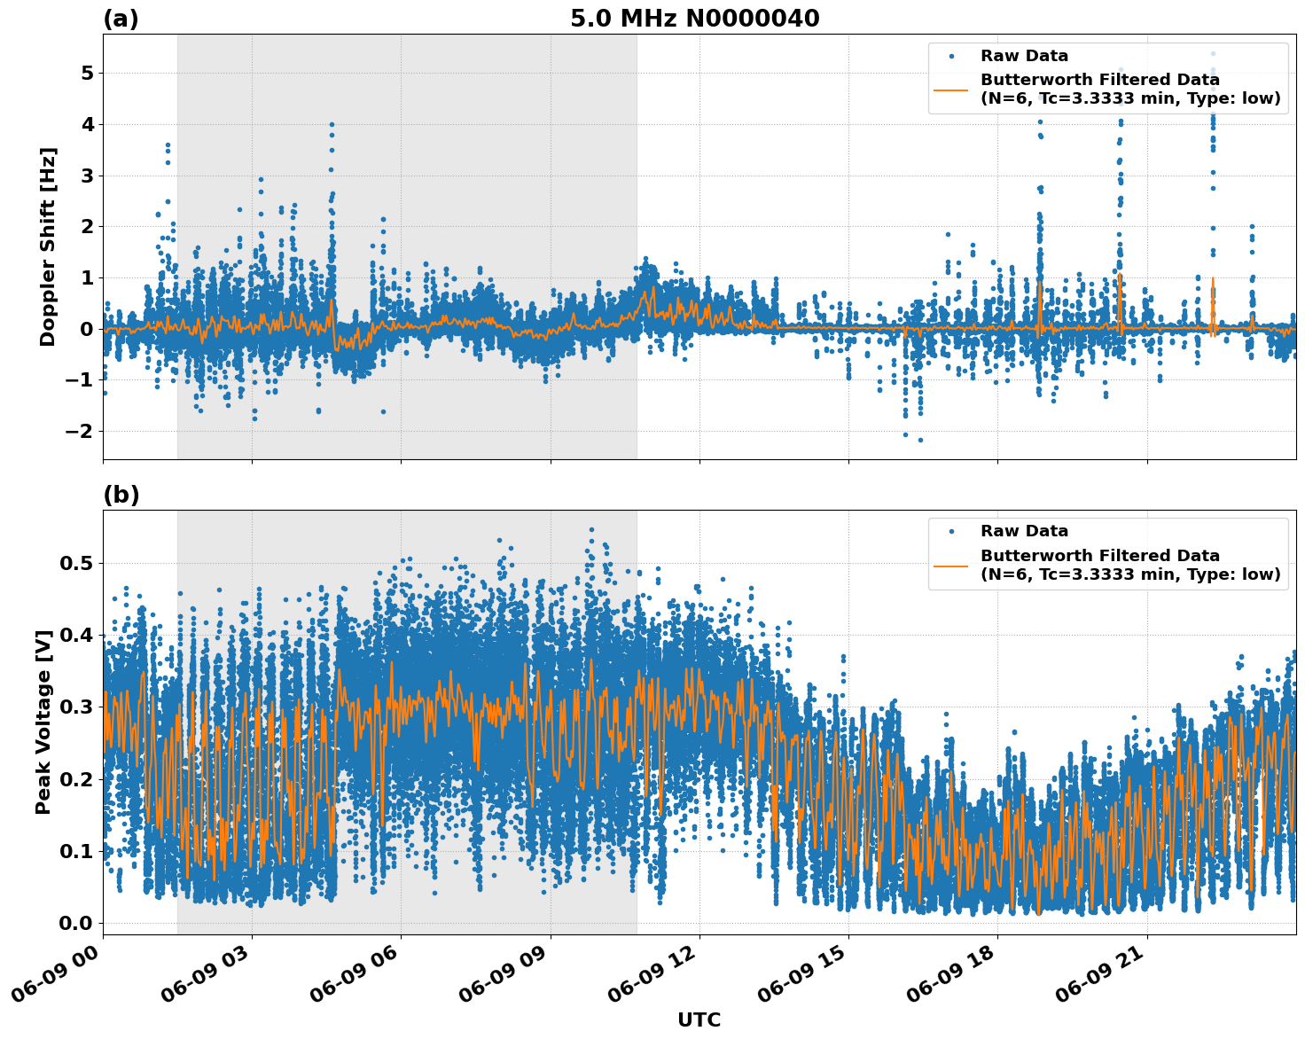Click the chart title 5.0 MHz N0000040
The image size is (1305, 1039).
(694, 18)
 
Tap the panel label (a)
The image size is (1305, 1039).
(121, 19)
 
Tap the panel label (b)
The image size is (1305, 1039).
(121, 495)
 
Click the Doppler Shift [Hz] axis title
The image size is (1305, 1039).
(48, 246)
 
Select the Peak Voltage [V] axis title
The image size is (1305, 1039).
(43, 722)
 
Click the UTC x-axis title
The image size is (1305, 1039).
(699, 1019)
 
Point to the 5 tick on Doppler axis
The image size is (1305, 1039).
(87, 73)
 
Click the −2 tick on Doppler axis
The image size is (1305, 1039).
(80, 431)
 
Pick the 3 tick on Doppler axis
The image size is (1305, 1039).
(87, 176)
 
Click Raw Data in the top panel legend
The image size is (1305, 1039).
(1024, 56)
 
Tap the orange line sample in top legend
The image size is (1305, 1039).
(950, 90)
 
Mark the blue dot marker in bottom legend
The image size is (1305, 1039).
(950, 531)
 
